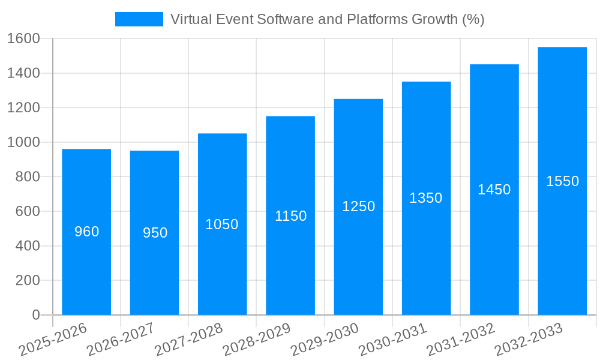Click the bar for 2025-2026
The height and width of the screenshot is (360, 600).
coord(86,264)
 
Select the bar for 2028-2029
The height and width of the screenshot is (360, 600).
coord(290,252)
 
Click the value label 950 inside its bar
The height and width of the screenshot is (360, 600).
coord(155,233)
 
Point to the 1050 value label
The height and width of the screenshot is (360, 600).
coord(222,224)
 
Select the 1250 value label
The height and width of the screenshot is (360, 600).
coord(358,206)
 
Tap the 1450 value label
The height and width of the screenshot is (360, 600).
coord(494,190)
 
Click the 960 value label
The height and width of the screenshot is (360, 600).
coord(86,232)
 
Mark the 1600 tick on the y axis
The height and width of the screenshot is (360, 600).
coord(23,39)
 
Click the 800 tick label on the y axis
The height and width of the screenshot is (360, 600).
coord(28,177)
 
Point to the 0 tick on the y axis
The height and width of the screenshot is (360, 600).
coord(35,315)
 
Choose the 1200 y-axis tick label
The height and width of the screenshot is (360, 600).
coord(23,108)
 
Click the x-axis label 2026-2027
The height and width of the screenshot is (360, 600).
coord(121,340)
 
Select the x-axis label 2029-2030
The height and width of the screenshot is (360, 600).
coord(325,340)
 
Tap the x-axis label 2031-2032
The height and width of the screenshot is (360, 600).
coord(460,340)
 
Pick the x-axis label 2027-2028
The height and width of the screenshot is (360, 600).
coord(188,340)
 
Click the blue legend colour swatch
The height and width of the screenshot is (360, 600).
coord(139,19)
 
